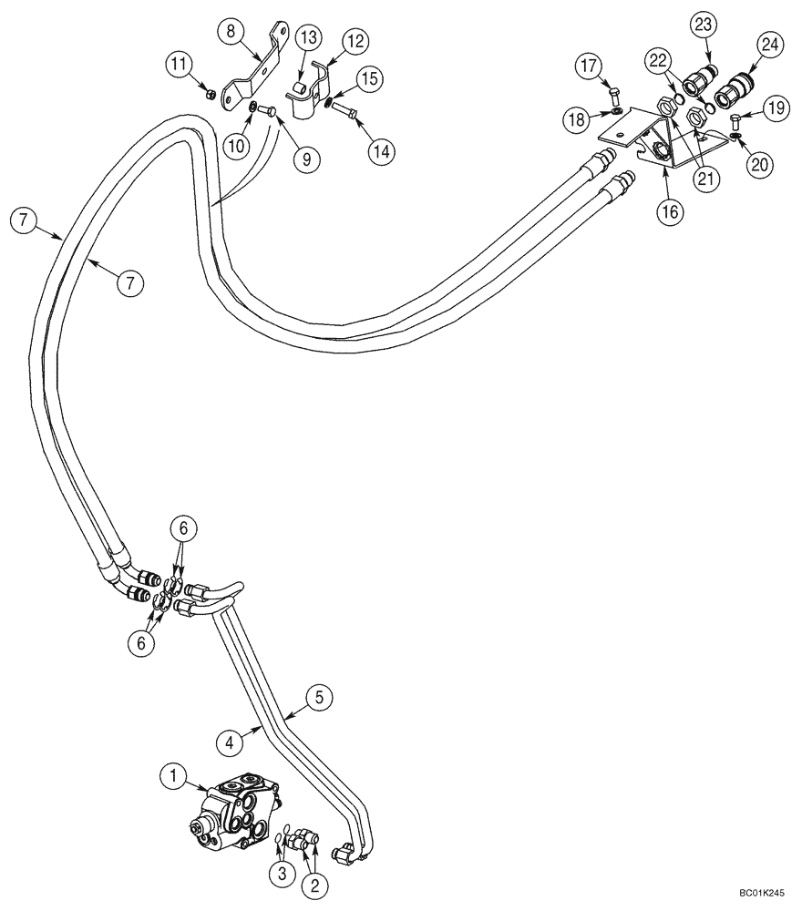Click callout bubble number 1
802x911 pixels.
click(x=170, y=776)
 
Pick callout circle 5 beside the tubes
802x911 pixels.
click(x=318, y=698)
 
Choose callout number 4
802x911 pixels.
click(x=231, y=743)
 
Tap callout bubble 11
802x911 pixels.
click(x=179, y=64)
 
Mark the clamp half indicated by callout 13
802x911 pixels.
click(x=300, y=94)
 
